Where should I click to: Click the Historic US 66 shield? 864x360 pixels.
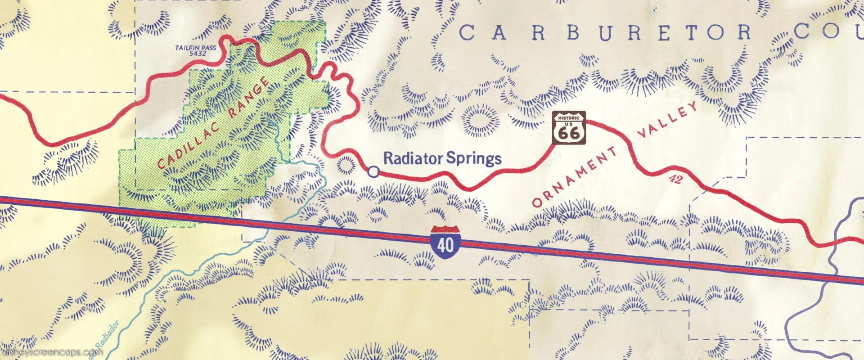coord(569,128)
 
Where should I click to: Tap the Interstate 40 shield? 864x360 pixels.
coord(445,242)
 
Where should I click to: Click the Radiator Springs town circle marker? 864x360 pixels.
coord(373,171)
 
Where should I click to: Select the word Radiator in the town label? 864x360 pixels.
coord(413,158)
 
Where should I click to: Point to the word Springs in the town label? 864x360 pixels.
coord(473,158)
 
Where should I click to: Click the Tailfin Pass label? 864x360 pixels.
coord(195,47)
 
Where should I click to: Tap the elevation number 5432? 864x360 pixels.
coord(198,54)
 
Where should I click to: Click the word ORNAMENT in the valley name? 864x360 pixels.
coord(575,176)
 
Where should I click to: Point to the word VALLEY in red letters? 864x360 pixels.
coord(668,119)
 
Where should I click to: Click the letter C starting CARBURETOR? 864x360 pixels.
coord(467,33)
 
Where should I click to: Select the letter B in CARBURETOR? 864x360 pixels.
coord(572,33)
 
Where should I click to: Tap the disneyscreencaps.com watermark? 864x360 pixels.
coord(52,352)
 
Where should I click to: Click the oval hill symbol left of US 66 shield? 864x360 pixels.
coord(481,121)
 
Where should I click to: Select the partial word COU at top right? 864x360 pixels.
coord(828,31)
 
